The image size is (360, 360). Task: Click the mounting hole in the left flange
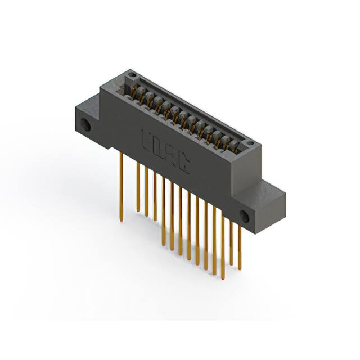[85, 125]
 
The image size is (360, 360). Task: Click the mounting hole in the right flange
[245, 215]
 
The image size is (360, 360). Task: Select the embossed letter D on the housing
[159, 147]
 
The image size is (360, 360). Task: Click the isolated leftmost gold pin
[121, 186]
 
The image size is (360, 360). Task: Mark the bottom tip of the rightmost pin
[240, 269]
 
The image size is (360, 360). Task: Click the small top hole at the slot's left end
[130, 75]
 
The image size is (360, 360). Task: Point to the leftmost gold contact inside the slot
[135, 91]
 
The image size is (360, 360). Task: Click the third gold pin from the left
[146, 191]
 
